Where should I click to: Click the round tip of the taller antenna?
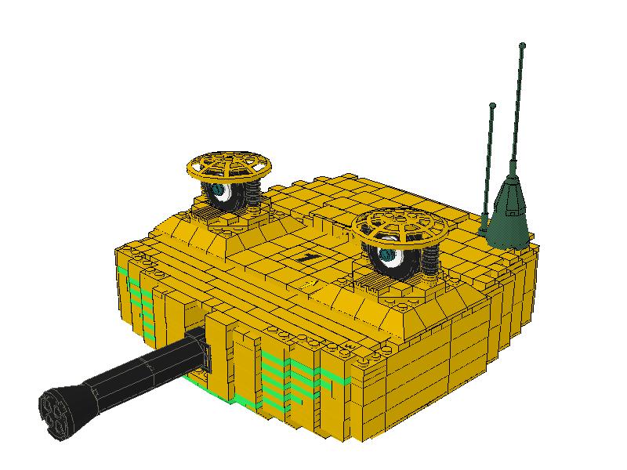(x=522, y=46)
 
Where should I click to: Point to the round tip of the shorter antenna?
(x=492, y=105)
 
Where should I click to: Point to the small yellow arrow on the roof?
(x=310, y=280)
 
